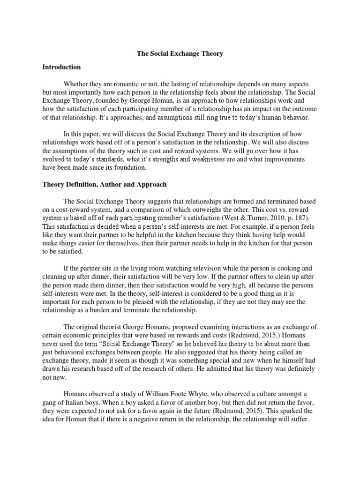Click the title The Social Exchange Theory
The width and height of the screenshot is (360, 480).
point(180,53)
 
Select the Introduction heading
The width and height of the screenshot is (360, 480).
point(61,67)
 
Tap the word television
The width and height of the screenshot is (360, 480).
point(199,269)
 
